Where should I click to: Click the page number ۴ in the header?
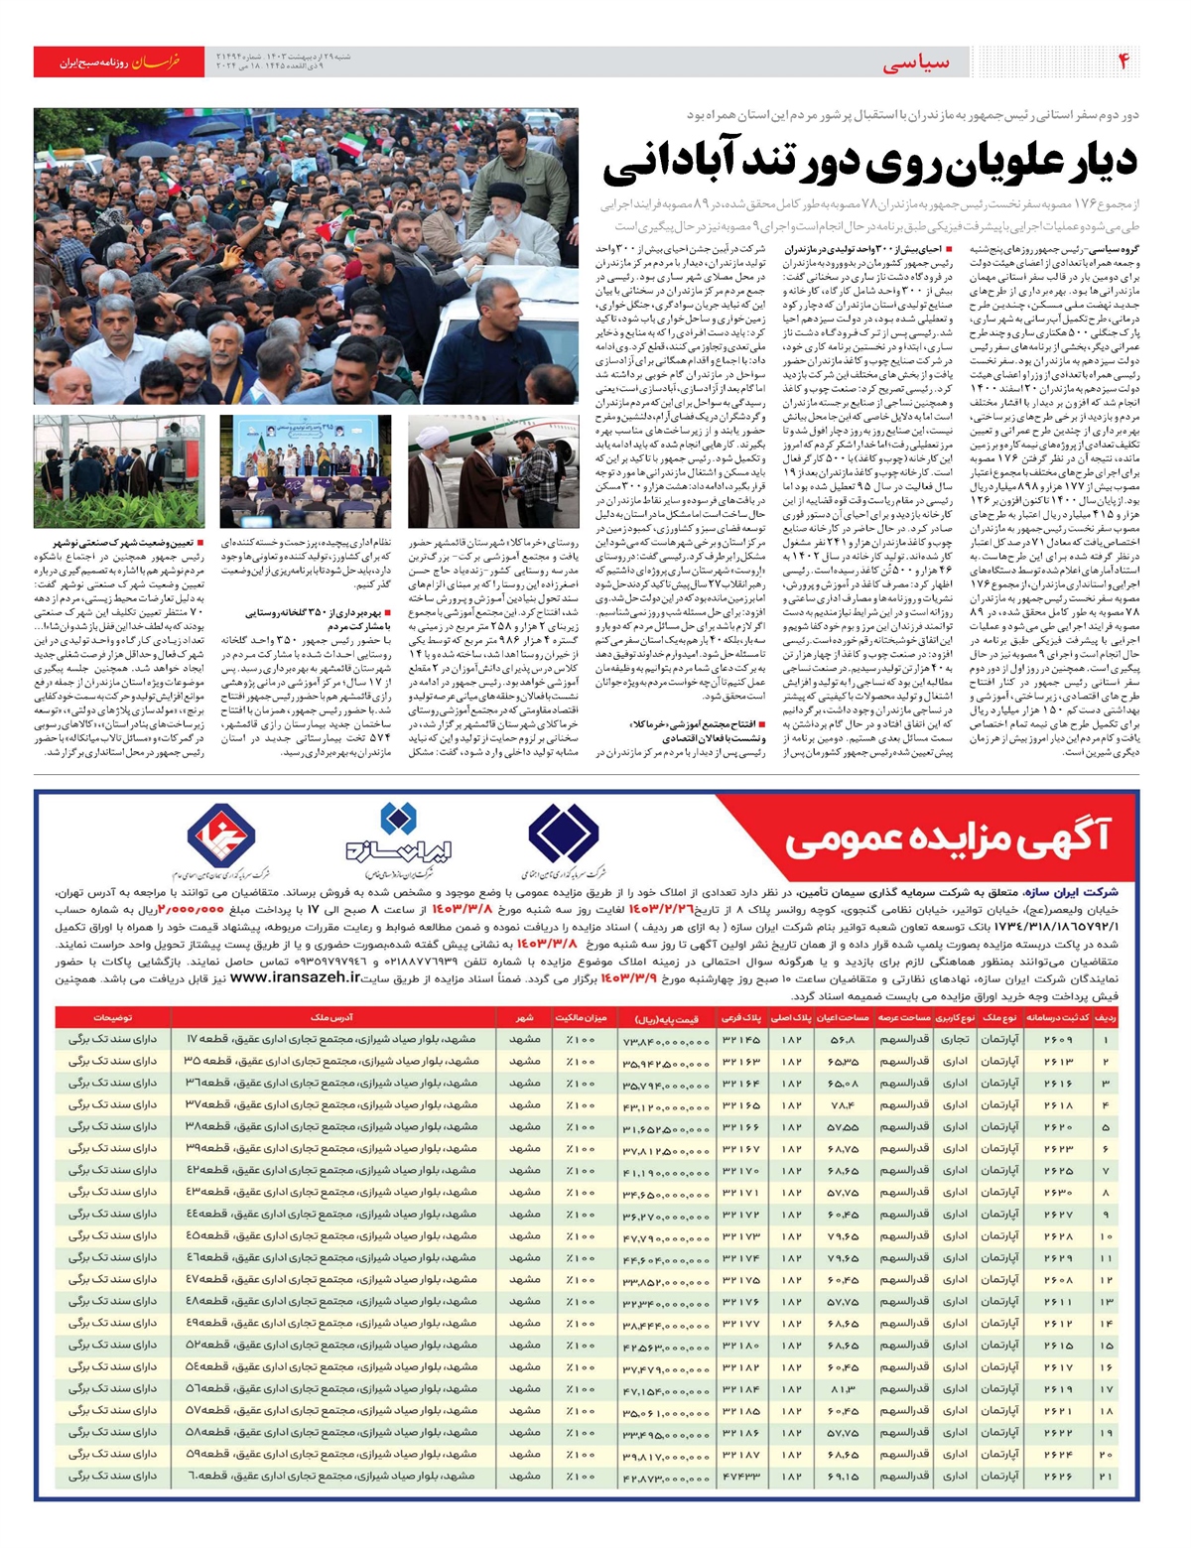[x=1125, y=62]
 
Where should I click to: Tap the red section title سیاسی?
[x=915, y=63]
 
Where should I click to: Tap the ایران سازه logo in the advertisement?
[x=397, y=838]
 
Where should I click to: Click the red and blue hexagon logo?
[x=223, y=834]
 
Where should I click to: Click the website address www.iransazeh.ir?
[x=294, y=977]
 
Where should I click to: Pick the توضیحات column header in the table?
[x=114, y=1018]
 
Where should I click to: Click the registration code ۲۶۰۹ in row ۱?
[x=1058, y=1040]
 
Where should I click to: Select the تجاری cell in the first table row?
[x=954, y=1040]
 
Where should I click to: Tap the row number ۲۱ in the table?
[x=1107, y=1477]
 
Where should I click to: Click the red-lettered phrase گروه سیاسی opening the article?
[x=1115, y=249]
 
